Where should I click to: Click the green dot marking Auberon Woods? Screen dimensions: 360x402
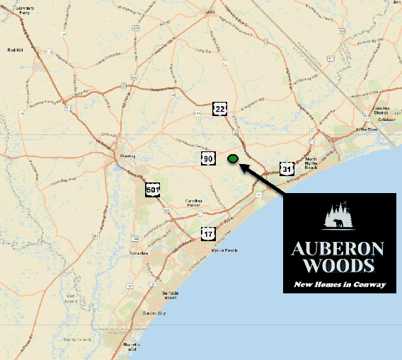tap(232, 158)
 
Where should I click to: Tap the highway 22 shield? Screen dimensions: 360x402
tap(221, 108)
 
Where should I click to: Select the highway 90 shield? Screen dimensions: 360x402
tap(208, 158)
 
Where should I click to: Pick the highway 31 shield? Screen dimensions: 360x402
tap(287, 169)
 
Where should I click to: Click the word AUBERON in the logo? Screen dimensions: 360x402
tap(338, 249)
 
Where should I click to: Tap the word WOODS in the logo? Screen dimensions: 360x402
tap(338, 266)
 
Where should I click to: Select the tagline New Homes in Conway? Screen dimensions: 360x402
tap(340, 284)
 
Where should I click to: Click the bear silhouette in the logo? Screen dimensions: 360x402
tap(340, 225)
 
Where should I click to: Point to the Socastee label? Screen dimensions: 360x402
tap(138, 252)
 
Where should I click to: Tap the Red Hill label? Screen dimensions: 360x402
tap(16, 50)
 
